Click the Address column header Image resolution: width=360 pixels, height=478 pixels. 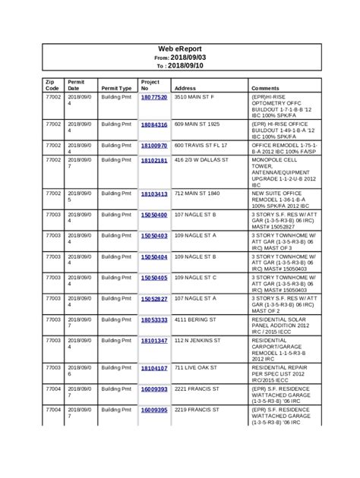[x=185, y=88]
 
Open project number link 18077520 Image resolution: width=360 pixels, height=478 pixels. [x=154, y=98]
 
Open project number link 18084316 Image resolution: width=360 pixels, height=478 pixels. [x=154, y=124]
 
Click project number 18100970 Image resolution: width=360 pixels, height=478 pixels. [x=154, y=144]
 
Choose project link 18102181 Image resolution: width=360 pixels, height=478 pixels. [x=154, y=161]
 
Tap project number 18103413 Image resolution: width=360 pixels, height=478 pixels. [x=154, y=194]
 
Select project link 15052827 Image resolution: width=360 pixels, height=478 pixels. [x=154, y=299]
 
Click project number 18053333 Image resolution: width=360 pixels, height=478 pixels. [x=154, y=320]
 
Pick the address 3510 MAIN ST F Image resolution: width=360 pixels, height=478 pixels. [x=195, y=98]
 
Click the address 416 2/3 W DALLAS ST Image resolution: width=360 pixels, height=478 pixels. [x=201, y=161]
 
